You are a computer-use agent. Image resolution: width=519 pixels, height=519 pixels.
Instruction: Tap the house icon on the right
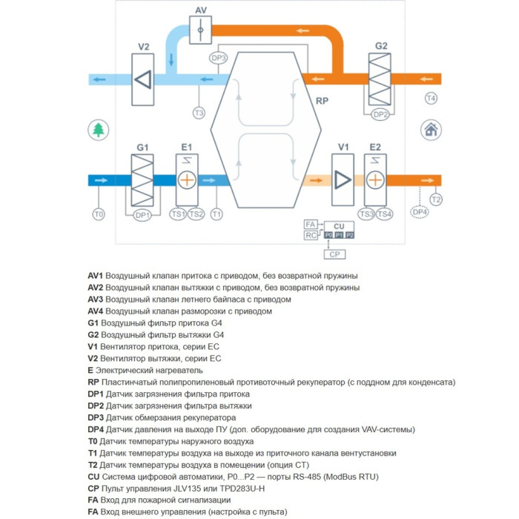click(429, 130)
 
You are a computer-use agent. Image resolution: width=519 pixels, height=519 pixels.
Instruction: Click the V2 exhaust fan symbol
click(144, 78)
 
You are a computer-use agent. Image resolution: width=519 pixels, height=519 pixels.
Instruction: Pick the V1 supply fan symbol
click(343, 179)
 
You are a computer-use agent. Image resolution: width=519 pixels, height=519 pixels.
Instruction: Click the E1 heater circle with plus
click(187, 180)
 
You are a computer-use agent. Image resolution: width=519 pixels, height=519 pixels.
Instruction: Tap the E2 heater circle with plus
click(375, 180)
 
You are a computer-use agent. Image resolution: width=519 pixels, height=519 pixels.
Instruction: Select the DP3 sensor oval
click(219, 57)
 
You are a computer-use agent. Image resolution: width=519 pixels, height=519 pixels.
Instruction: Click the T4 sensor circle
click(431, 99)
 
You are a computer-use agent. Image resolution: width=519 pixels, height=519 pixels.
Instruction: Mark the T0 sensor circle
click(98, 214)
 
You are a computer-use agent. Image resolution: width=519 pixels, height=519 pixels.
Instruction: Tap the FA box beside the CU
click(311, 224)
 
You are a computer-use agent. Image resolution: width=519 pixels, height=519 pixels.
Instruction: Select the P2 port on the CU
click(350, 235)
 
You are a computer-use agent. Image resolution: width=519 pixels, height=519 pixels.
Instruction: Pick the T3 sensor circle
click(199, 113)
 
